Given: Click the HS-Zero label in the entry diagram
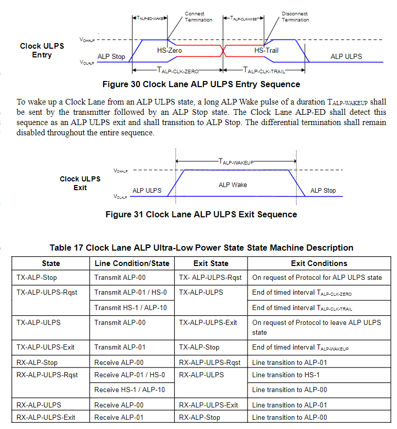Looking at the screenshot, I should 169,51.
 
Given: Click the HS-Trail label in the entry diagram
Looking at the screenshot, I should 266,51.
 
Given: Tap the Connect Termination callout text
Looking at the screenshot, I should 198,17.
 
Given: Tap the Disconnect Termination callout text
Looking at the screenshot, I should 295,17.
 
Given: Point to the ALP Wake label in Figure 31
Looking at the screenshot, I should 233,185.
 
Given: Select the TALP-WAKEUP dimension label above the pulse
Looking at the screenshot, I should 236,161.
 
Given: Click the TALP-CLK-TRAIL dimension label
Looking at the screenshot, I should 264,71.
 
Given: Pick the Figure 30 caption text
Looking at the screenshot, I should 201,84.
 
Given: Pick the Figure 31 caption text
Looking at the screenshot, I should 201,214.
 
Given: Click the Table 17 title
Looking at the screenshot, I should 201,248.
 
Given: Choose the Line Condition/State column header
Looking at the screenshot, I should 133,263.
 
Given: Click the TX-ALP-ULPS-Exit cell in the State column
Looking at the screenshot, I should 45,347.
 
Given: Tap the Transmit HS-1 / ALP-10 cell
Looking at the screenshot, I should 130,308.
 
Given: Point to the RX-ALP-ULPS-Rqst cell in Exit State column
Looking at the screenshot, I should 210,362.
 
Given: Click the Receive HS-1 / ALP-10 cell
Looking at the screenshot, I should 129,390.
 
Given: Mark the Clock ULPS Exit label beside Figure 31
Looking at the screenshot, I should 80,183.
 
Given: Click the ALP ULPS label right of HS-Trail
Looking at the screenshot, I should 346,56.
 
